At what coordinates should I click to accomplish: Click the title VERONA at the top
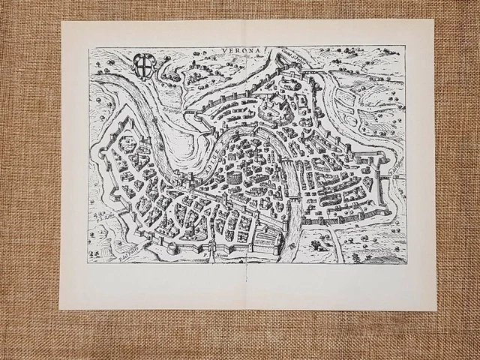pyautogui.click(x=239, y=51)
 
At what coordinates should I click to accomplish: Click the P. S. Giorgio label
pyautogui.click(x=171, y=114)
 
